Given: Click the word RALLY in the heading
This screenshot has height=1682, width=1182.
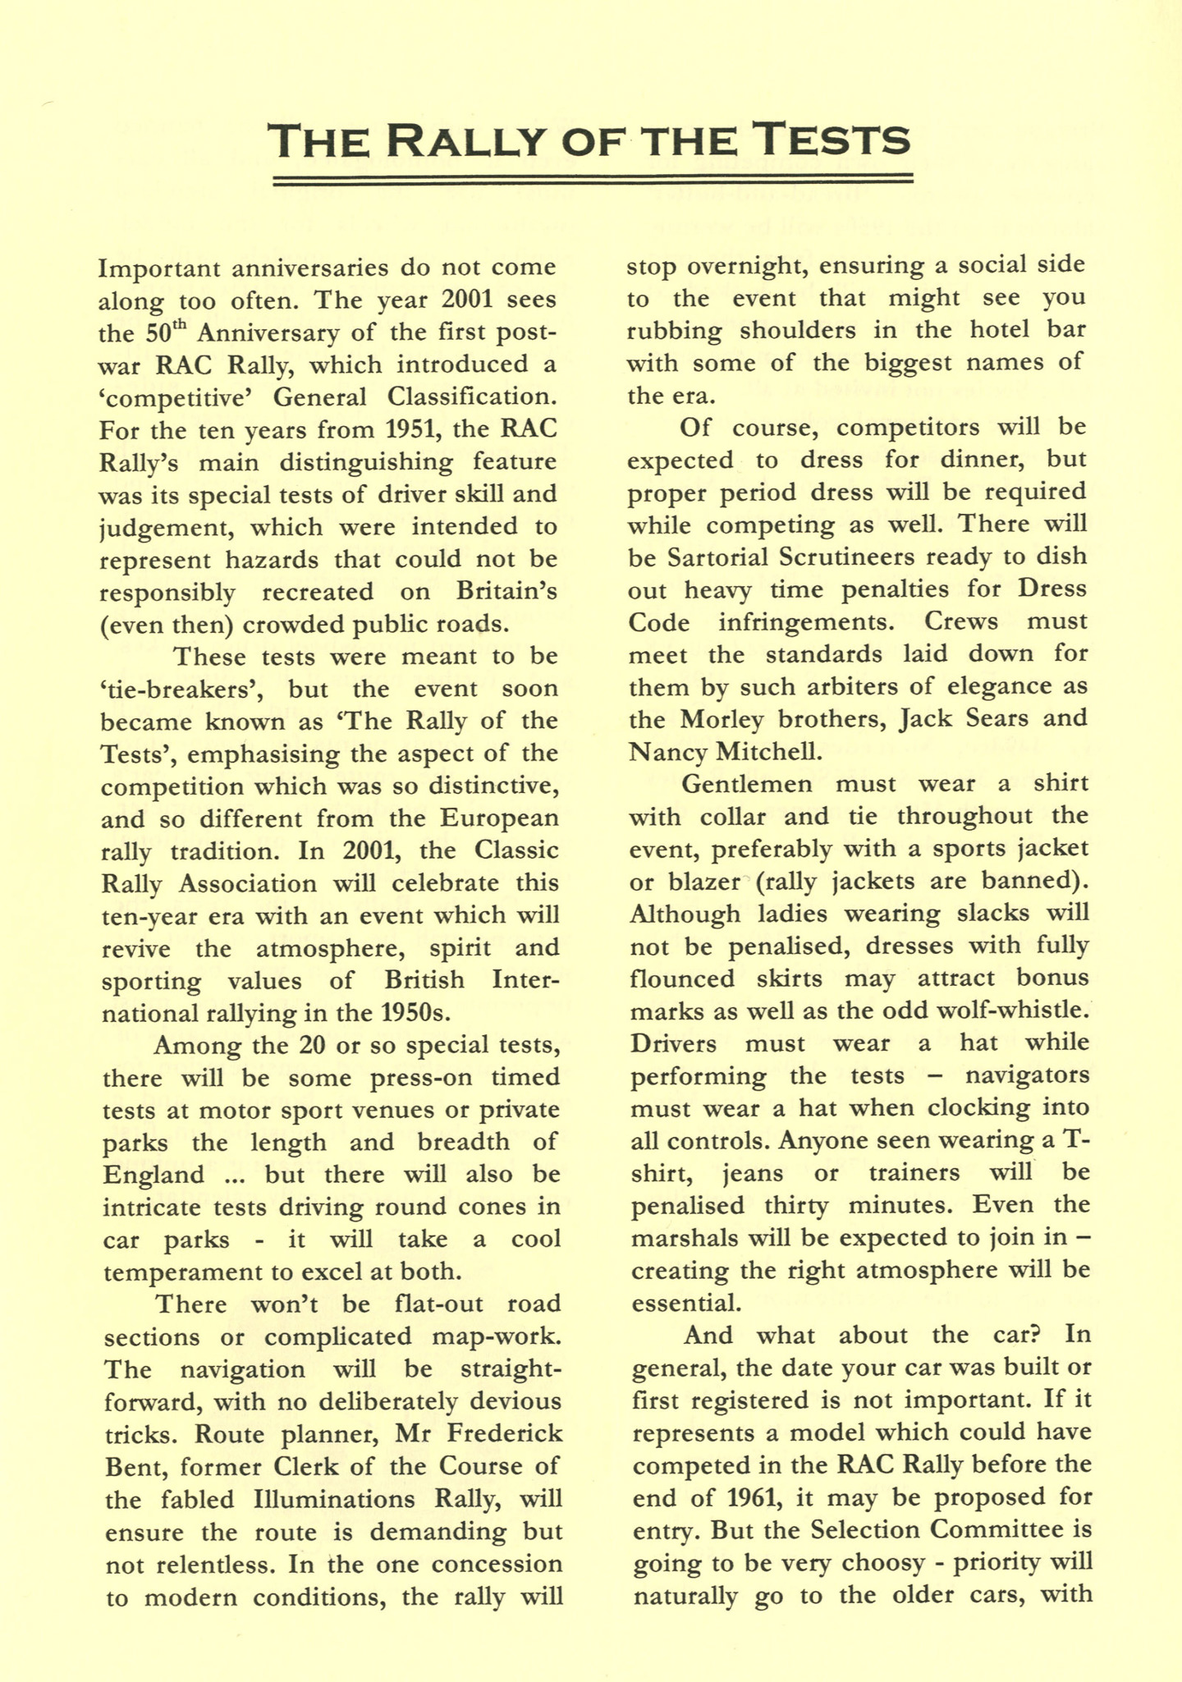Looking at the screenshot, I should [464, 140].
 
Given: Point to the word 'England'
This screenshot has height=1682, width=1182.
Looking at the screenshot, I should [154, 1175].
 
